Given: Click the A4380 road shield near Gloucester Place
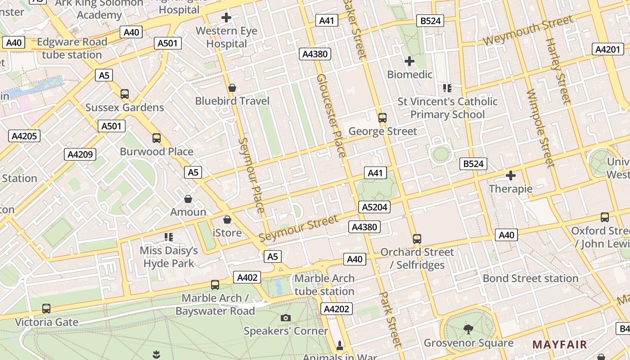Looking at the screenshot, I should point(315,54).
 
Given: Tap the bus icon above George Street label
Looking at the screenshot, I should point(382,118).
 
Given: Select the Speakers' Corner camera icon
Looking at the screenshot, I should point(285,318).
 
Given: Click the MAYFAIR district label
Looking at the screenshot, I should point(560,345).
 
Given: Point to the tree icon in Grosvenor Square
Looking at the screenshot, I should point(468,329).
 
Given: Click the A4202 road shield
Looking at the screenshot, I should point(336,309).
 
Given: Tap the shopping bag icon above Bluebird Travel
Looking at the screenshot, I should point(232,88).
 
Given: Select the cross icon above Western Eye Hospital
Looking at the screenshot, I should point(226,18).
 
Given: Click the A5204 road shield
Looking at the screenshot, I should point(374,207).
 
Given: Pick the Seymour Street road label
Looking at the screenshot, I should point(298,229).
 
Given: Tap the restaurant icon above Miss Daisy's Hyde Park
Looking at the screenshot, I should point(169,237).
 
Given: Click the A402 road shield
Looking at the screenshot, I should point(247,277).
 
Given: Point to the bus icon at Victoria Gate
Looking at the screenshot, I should point(46,309).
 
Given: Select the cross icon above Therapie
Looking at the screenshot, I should point(510,175).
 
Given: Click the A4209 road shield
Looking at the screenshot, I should point(80,154).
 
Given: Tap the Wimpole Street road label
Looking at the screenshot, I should point(539,128).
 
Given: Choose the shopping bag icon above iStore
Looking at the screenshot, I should point(227,220).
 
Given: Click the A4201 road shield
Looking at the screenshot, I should point(607,49).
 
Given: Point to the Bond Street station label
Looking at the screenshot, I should point(530,278).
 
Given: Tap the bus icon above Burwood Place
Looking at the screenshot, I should point(157,138).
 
